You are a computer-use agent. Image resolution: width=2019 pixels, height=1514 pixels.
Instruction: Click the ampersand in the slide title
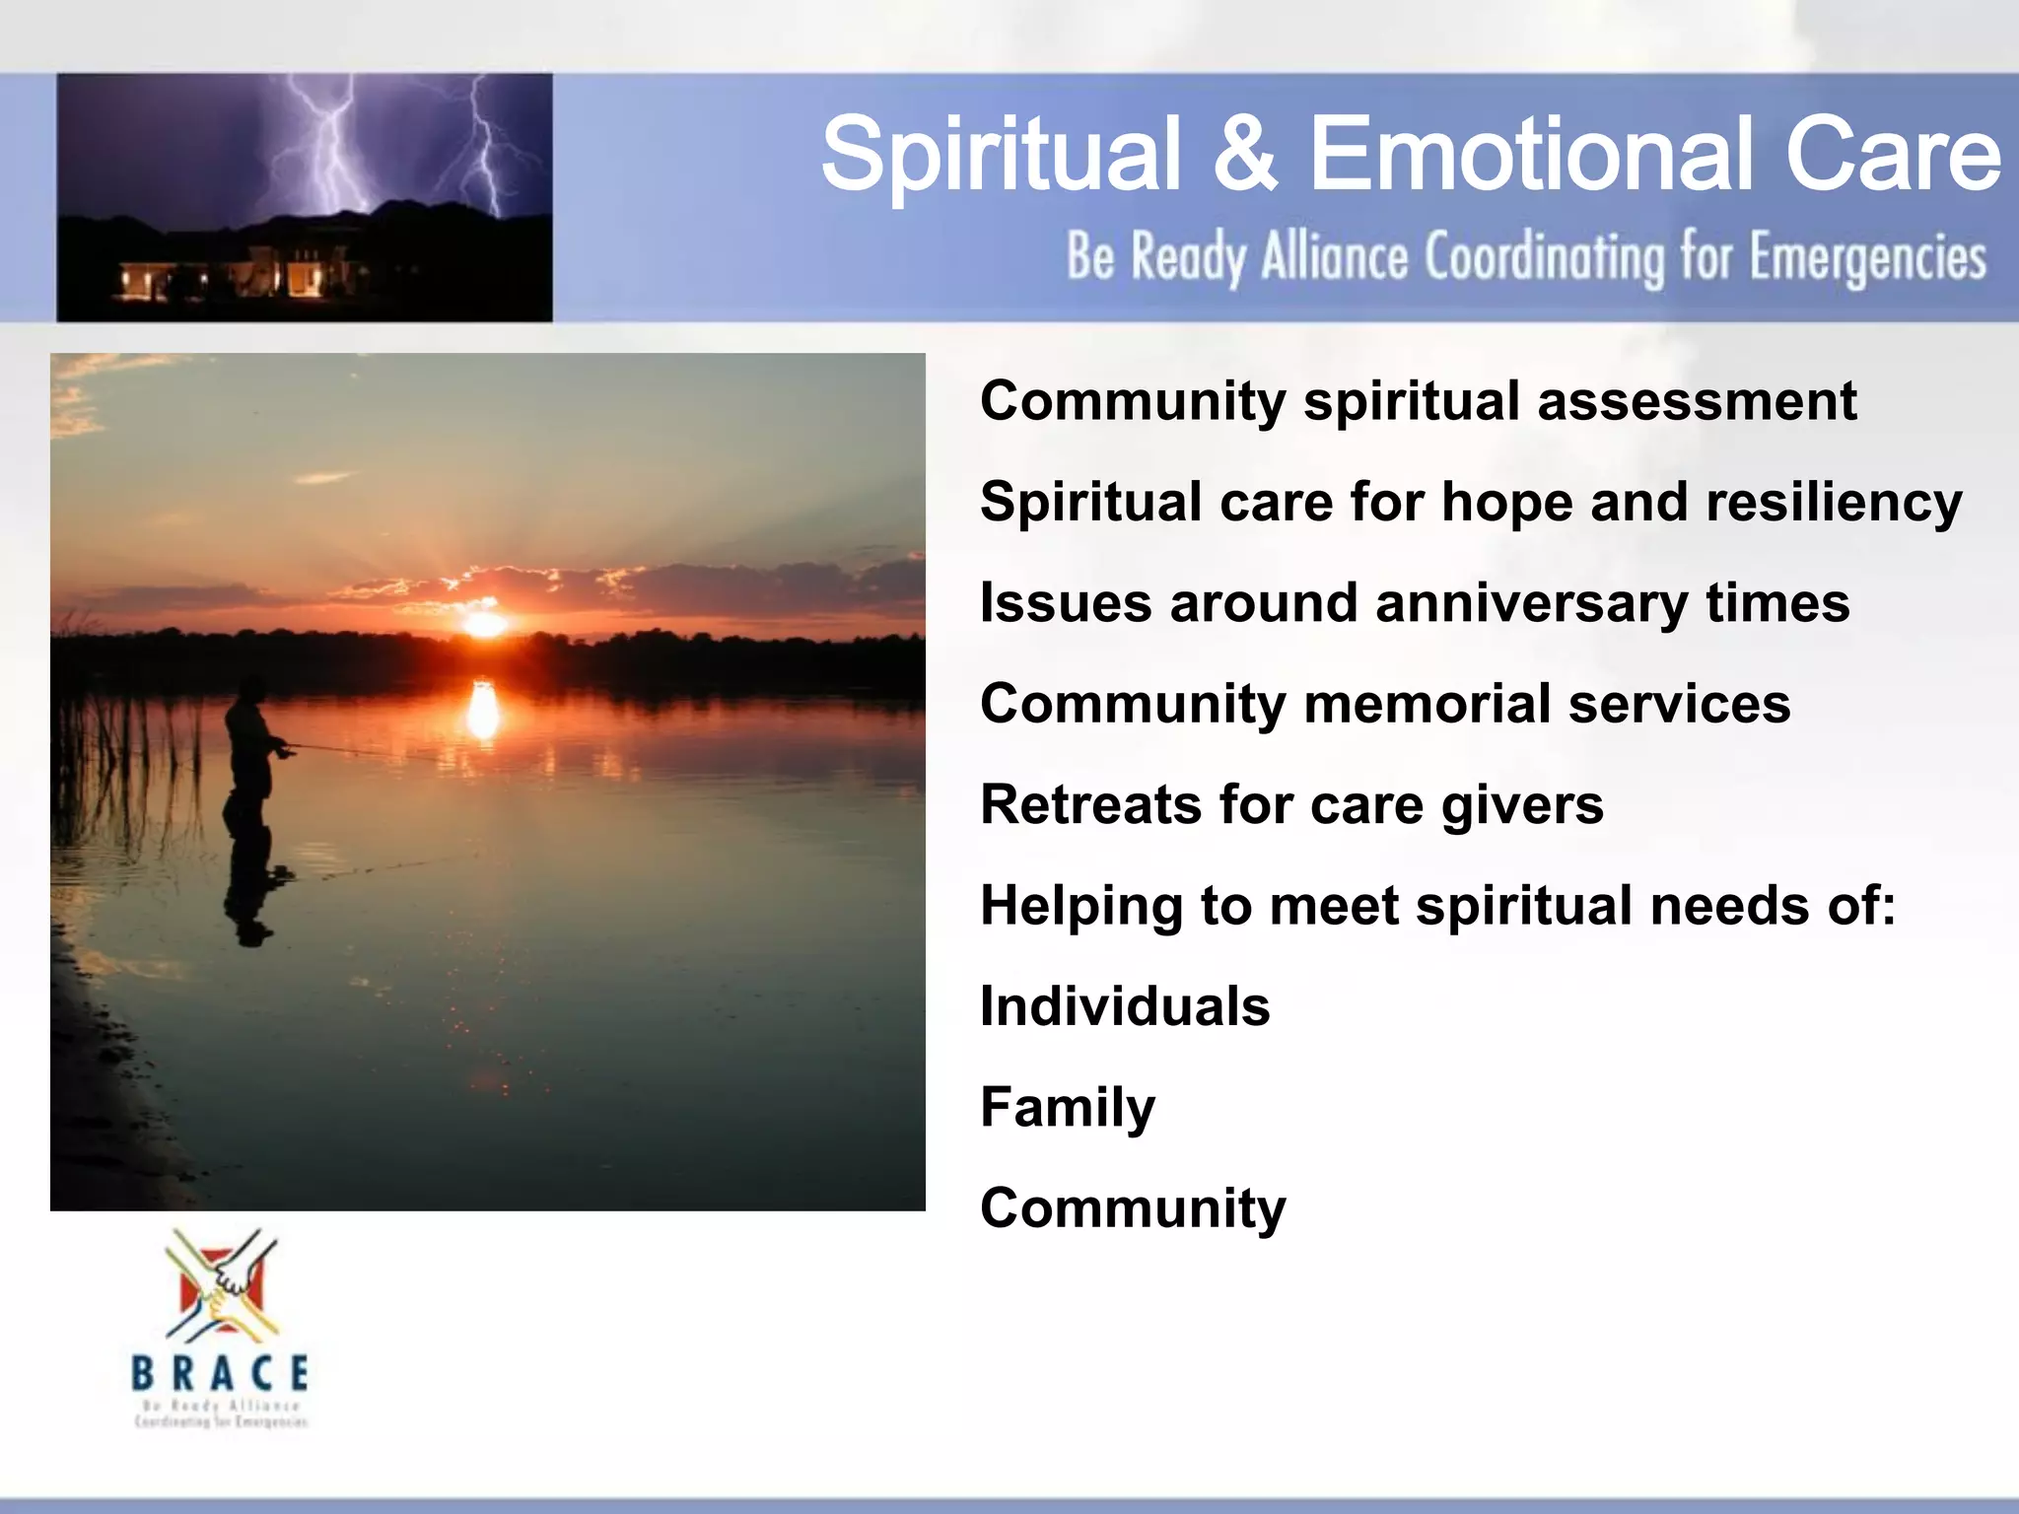pyautogui.click(x=1244, y=154)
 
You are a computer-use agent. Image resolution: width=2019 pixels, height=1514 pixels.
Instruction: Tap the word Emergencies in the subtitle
pyautogui.click(x=1867, y=258)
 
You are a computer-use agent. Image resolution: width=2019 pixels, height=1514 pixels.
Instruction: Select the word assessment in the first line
pyautogui.click(x=1696, y=401)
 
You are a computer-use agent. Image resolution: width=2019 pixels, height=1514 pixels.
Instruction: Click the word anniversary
pyautogui.click(x=1530, y=603)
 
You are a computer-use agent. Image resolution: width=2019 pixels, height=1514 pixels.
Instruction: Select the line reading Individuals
pyautogui.click(x=1125, y=1006)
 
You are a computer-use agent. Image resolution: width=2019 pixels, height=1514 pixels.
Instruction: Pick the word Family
pyautogui.click(x=1068, y=1108)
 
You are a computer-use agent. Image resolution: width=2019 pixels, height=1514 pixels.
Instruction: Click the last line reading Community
pyautogui.click(x=1133, y=1208)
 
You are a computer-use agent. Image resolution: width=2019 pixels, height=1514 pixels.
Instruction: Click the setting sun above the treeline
pyautogui.click(x=484, y=624)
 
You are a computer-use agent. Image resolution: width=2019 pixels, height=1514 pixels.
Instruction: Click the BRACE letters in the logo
pyautogui.click(x=221, y=1373)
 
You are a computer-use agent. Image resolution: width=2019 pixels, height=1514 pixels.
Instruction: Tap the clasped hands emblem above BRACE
pyautogui.click(x=223, y=1286)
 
